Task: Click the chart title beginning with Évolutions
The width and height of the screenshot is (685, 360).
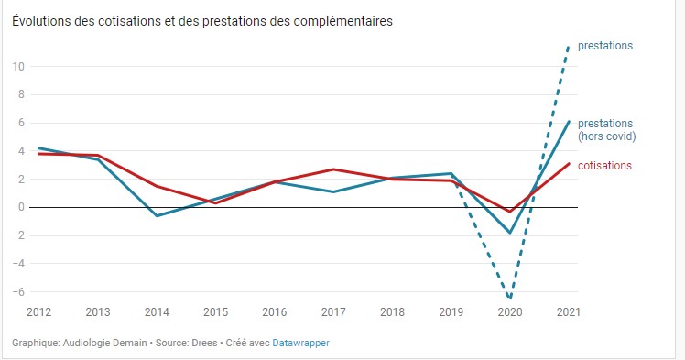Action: pos(202,21)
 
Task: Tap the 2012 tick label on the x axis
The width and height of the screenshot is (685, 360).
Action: pos(38,312)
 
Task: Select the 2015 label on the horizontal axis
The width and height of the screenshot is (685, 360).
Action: pos(215,312)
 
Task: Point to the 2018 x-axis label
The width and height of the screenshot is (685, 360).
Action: pos(392,312)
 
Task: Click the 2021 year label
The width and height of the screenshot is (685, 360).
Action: pos(568,312)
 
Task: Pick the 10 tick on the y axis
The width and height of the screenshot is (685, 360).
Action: pos(18,66)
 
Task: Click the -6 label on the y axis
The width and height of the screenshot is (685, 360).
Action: pos(18,291)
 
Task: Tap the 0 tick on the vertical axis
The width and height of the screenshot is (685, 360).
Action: pos(20,207)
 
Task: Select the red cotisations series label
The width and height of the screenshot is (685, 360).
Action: pos(604,165)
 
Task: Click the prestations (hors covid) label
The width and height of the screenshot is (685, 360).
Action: pos(606,129)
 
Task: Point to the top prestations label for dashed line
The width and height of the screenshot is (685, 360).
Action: pos(605,46)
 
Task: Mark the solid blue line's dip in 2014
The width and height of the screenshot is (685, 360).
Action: pos(157,216)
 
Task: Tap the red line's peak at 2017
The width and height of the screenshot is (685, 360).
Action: pos(333,169)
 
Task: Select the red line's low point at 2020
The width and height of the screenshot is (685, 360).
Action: pos(510,212)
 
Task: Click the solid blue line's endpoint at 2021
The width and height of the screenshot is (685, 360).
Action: pos(569,121)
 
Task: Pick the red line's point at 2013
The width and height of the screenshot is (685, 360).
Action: pos(97,156)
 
